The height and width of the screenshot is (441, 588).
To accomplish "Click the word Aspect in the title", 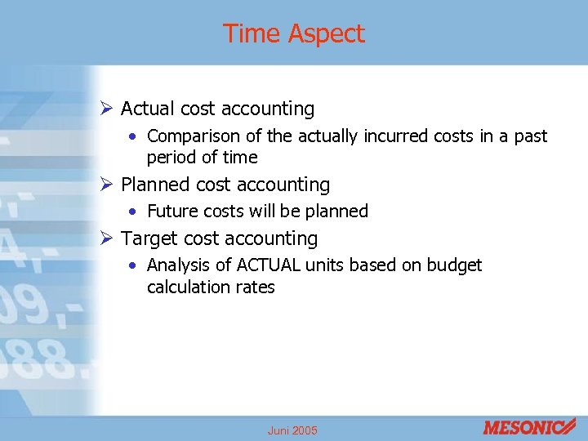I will tap(326, 34).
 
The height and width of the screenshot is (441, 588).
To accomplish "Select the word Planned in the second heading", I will tap(155, 185).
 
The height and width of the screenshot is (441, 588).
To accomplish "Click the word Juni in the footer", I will tap(278, 430).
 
